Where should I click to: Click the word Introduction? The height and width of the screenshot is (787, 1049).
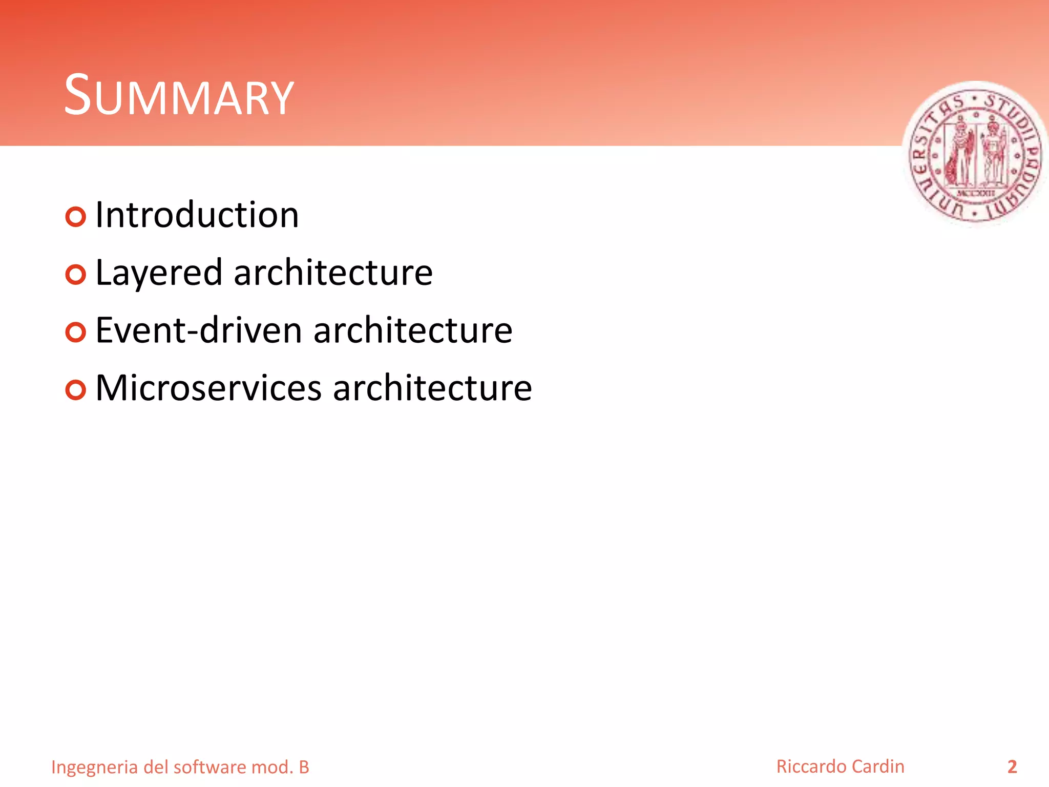pyautogui.click(x=197, y=215)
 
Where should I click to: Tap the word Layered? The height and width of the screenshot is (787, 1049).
pyautogui.click(x=159, y=273)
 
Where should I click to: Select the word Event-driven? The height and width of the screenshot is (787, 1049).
pyautogui.click(x=199, y=330)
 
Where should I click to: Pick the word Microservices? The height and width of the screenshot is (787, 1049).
pyautogui.click(x=208, y=388)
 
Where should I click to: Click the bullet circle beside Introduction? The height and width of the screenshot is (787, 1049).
pyautogui.click(x=76, y=217)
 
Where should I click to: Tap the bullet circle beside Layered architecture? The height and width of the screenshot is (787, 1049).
pyautogui.click(x=76, y=275)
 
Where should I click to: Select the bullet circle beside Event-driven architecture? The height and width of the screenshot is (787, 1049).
pyautogui.click(x=76, y=333)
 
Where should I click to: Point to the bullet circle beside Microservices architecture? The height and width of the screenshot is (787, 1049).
pyautogui.click(x=76, y=390)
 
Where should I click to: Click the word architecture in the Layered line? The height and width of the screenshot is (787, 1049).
pyautogui.click(x=333, y=273)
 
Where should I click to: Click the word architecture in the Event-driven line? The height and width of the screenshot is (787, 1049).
pyautogui.click(x=412, y=330)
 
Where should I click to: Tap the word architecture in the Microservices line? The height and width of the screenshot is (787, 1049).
pyautogui.click(x=432, y=388)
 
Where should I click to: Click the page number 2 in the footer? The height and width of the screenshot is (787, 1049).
pyautogui.click(x=1012, y=767)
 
